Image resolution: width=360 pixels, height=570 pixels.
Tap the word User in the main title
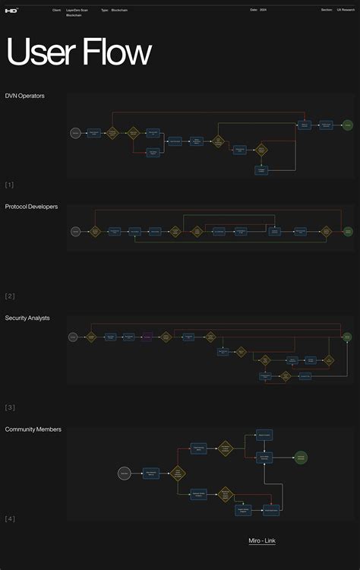point(39,53)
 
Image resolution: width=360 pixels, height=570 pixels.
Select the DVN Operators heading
point(25,96)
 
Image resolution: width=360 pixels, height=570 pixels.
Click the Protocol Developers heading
point(31,207)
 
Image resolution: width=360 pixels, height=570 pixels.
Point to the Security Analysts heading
point(27,318)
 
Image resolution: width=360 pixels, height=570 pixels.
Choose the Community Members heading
point(33,429)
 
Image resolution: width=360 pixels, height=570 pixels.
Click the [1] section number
point(9,185)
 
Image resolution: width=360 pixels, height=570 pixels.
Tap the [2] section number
point(9,296)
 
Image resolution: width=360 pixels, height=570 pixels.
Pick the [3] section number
point(9,407)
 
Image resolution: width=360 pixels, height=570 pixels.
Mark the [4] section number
point(9,518)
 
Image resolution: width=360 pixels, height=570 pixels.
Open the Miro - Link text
point(262,540)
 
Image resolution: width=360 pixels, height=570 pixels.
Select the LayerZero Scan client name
point(76,10)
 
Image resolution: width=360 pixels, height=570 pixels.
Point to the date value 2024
point(263,10)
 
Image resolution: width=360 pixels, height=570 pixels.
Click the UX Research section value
point(346,10)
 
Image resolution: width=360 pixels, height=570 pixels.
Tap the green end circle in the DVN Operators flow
point(347,125)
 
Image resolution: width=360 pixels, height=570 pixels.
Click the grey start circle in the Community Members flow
point(124,473)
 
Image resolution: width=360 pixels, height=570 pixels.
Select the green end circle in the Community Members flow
point(301,458)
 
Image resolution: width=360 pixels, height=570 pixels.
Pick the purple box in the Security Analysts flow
point(147,336)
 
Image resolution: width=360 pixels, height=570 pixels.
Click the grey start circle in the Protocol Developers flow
point(75,231)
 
